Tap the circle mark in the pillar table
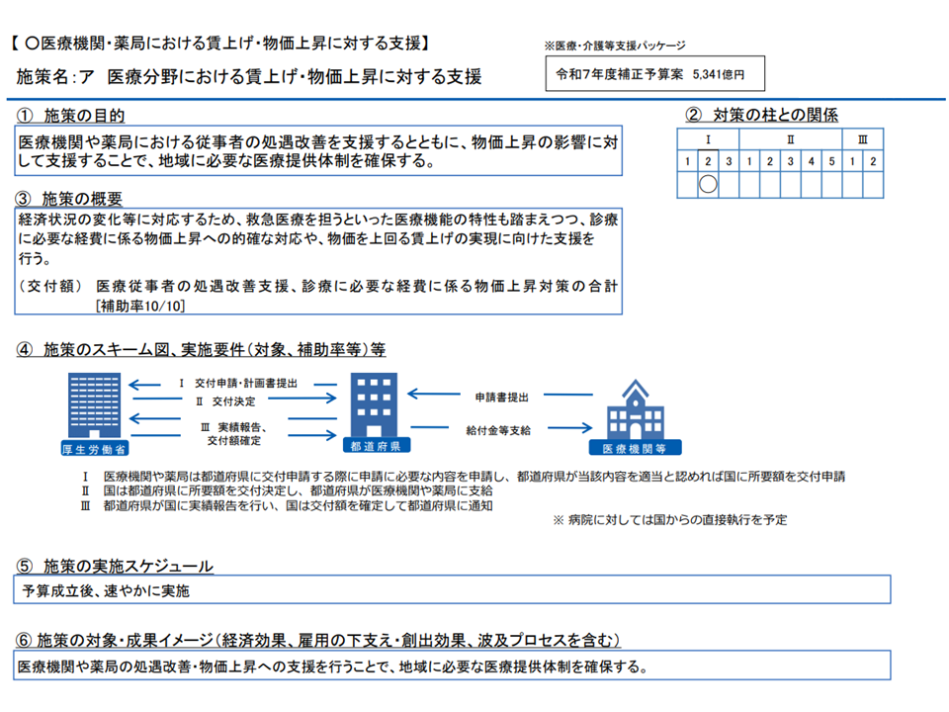[707, 183]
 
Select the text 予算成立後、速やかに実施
[105, 591]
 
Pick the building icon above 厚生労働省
[98, 403]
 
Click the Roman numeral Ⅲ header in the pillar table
[863, 139]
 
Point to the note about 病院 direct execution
[669, 519]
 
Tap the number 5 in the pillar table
[831, 160]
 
